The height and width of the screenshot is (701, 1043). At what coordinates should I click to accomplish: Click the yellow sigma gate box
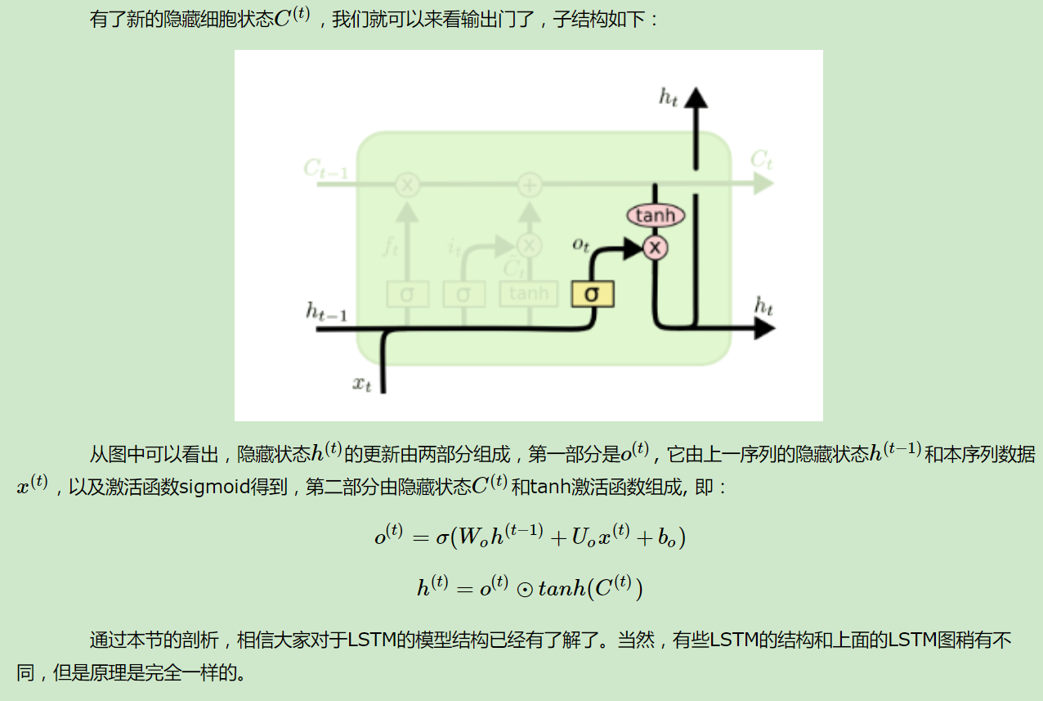[x=593, y=294]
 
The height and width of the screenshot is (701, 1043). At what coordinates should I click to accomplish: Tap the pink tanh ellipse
[x=656, y=215]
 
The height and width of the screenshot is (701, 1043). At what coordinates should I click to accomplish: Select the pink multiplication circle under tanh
[x=655, y=247]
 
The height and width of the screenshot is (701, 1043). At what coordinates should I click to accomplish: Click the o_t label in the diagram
[x=580, y=245]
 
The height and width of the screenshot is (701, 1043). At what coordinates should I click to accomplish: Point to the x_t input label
[x=361, y=383]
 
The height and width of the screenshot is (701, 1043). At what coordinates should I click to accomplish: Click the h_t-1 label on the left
[x=326, y=312]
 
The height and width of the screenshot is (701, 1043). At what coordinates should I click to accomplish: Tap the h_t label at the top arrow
[x=668, y=97]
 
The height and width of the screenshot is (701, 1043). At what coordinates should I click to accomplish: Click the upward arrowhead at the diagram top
[x=696, y=96]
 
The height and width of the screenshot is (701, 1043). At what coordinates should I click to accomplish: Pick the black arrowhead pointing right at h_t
[x=763, y=329]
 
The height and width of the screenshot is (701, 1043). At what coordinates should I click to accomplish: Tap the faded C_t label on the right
[x=761, y=160]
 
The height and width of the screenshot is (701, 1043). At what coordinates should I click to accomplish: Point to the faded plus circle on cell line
[x=530, y=185]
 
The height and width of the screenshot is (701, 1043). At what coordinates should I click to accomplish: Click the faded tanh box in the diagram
[x=528, y=294]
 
